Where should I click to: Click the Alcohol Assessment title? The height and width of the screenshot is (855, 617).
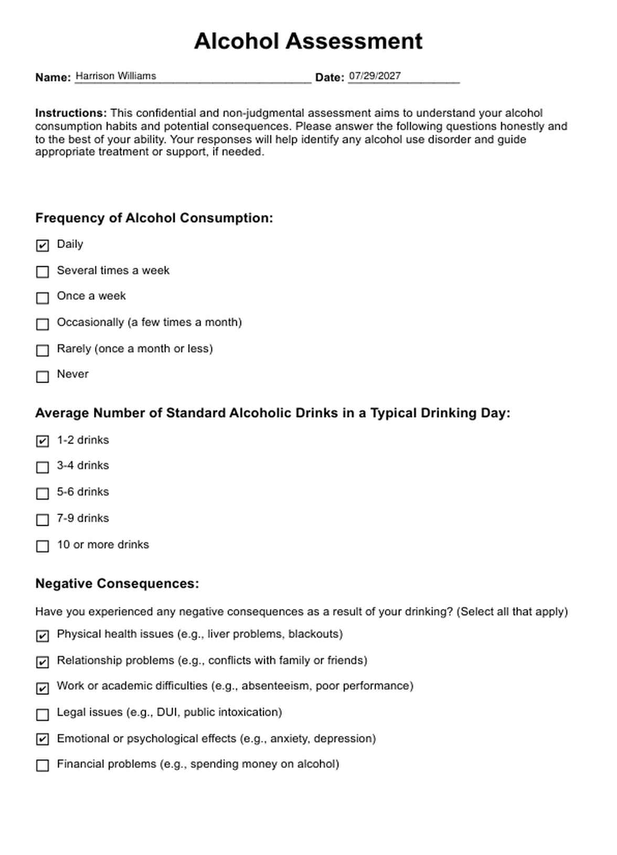point(308,41)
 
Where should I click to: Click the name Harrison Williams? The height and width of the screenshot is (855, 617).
point(115,76)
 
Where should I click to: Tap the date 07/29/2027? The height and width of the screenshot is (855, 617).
point(375,76)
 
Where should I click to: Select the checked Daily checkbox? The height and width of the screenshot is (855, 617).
point(42,245)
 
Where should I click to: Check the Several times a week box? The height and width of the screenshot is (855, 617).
point(42,272)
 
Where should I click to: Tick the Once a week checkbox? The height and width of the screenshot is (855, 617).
point(42,298)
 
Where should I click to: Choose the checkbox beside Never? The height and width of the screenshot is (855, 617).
point(42,377)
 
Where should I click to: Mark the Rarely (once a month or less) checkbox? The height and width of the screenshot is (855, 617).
point(42,350)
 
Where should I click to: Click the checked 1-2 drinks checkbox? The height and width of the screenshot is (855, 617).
point(42,441)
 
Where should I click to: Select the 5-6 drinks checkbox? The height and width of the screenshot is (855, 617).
point(42,494)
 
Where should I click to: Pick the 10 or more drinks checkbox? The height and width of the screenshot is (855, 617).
point(42,546)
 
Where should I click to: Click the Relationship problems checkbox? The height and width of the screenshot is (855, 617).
point(42,662)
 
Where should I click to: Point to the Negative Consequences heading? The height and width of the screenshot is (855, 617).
point(117,584)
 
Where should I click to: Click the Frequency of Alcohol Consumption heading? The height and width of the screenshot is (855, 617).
point(154,218)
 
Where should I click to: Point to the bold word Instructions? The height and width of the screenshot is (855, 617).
point(71,113)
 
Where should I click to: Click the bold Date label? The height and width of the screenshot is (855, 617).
point(329,78)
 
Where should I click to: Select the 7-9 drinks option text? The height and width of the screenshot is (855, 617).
point(83,518)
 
